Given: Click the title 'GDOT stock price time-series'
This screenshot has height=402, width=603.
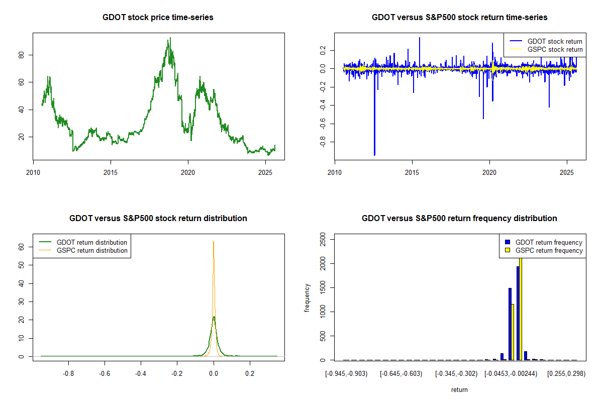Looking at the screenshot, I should (158, 18).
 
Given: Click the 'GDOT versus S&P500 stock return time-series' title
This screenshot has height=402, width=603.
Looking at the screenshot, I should (459, 18).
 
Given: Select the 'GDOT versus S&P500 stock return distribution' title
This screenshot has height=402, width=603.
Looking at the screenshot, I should (158, 219).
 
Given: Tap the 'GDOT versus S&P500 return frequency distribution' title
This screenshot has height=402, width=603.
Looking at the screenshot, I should (459, 219).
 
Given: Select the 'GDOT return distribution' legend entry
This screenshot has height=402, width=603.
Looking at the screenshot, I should (92, 242).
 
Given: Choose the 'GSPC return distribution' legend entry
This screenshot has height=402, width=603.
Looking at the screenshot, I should (92, 250).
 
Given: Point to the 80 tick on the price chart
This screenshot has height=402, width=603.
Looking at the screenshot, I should (22, 55).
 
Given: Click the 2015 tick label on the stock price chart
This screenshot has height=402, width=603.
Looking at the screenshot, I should (111, 171).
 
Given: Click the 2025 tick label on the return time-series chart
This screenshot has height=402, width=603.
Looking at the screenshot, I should (567, 171).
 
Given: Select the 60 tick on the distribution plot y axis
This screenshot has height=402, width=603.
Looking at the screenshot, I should (22, 247).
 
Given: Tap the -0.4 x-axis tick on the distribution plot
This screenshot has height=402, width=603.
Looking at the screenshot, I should (141, 374).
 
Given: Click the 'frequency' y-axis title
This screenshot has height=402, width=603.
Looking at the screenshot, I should (308, 298).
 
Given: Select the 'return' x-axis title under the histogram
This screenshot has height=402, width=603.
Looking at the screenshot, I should (459, 389).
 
